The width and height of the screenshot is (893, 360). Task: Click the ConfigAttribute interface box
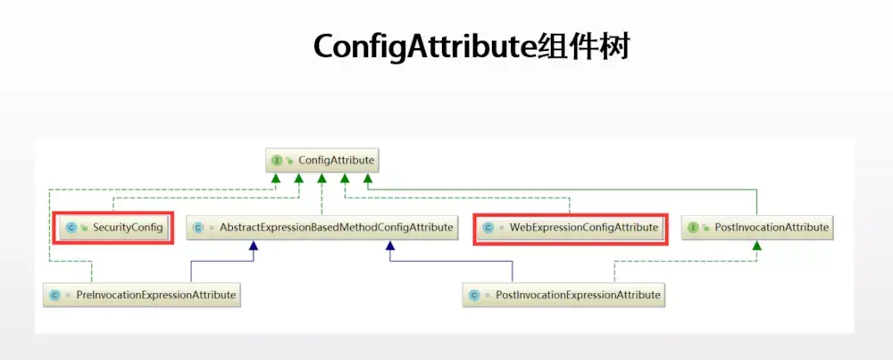pyautogui.click(x=322, y=161)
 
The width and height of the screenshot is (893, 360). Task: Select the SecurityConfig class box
pyautogui.click(x=113, y=228)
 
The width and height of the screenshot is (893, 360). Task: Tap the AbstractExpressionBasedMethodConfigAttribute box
pyautogui.click(x=322, y=228)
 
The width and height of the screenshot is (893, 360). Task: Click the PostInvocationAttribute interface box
pyautogui.click(x=757, y=228)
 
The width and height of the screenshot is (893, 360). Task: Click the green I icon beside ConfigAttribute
pyautogui.click(x=277, y=161)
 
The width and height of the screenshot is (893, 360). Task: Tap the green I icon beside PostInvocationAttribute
pyautogui.click(x=693, y=228)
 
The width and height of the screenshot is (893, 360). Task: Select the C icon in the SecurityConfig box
pyautogui.click(x=71, y=228)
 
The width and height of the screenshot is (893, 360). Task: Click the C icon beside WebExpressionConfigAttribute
pyautogui.click(x=488, y=228)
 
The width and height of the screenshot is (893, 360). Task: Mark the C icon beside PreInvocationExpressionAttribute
pyautogui.click(x=54, y=294)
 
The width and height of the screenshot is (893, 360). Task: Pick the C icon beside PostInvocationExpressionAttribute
pyautogui.click(x=473, y=294)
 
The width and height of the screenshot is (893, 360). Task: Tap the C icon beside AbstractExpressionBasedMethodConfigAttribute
pyautogui.click(x=197, y=228)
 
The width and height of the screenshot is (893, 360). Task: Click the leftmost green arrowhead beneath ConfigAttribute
pyautogui.click(x=277, y=180)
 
